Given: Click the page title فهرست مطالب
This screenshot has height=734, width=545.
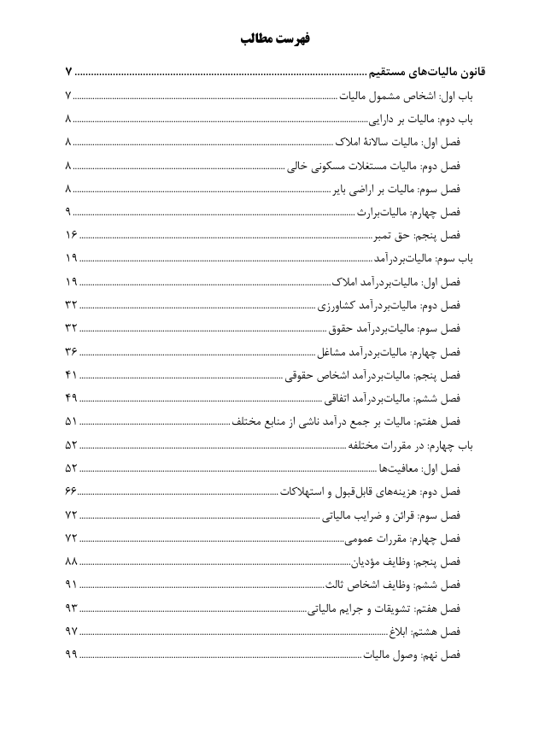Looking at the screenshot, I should [272, 39].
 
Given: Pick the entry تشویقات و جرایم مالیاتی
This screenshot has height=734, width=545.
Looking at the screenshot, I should [384, 608].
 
